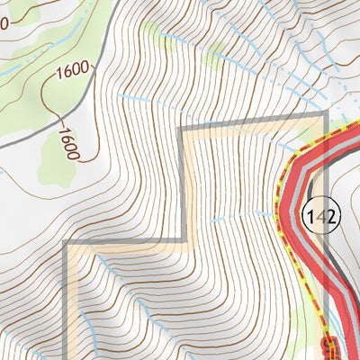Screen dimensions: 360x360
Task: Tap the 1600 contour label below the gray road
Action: (67, 144)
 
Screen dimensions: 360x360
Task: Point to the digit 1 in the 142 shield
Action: (312, 216)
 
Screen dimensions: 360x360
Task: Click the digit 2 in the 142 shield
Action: (330, 216)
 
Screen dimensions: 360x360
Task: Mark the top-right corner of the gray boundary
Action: (325, 113)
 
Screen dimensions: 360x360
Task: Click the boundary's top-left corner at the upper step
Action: (183, 129)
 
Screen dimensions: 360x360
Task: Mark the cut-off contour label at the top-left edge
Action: (4, 20)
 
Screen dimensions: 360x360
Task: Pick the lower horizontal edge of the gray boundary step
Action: (126, 242)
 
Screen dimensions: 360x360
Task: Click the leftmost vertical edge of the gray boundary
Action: (65, 297)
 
